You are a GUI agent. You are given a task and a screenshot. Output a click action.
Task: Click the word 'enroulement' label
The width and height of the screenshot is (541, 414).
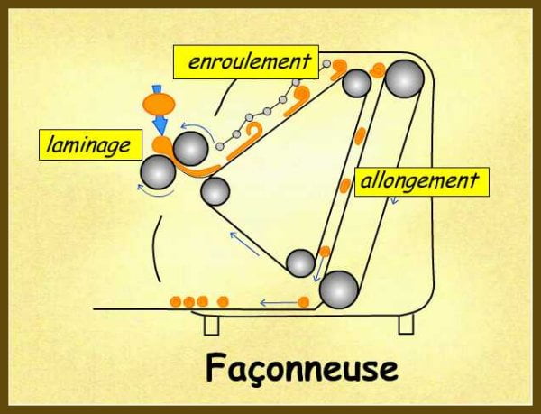pos(248,62)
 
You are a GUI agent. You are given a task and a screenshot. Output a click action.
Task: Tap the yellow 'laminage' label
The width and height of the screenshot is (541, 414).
pos(85,143)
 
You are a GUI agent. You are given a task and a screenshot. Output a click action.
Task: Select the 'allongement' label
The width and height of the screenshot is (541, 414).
pos(419,180)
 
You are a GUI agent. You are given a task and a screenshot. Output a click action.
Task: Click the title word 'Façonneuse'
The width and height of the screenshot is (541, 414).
pos(299,367)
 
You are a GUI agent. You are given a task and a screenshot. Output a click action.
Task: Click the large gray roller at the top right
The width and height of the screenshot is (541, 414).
pos(404,79)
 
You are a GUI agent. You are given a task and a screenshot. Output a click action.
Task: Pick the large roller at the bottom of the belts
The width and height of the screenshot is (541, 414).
pos(339,290)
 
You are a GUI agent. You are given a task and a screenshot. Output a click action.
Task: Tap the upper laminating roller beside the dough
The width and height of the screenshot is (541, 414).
pos(190,148)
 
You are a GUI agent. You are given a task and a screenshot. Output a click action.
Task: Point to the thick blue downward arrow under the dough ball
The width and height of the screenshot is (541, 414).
pos(159,126)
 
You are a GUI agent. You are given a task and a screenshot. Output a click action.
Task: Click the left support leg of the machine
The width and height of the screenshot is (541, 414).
pos(211,323)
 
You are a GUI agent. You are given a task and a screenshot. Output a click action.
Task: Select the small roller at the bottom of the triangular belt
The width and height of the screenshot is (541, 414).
pos(299,263)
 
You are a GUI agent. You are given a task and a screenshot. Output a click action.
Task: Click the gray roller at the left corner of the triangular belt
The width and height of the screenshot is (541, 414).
pos(215,190)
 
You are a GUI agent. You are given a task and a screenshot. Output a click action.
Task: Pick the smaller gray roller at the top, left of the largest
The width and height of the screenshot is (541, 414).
pos(357,83)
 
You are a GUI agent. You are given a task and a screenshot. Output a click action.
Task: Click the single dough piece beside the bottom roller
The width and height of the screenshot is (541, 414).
pos(303,300)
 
